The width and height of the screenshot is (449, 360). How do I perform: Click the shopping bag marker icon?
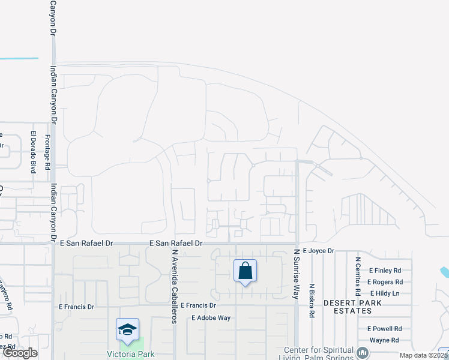(x=245, y=271)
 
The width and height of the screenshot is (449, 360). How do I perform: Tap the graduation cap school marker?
(x=127, y=329)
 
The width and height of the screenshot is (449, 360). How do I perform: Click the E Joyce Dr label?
(x=318, y=251)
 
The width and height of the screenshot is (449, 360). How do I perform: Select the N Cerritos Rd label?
(x=357, y=277)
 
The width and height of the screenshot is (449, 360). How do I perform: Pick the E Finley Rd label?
(x=385, y=271)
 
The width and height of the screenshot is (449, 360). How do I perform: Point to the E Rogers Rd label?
(x=384, y=282)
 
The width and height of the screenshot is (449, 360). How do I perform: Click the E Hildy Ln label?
(x=385, y=293)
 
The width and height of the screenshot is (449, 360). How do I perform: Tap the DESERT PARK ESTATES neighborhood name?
(x=348, y=307)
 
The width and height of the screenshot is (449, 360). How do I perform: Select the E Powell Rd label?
(x=384, y=329)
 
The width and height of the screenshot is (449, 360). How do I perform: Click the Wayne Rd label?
(x=384, y=340)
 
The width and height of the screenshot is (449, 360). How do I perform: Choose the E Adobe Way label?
(x=211, y=318)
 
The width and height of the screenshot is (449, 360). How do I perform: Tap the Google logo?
(x=20, y=353)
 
